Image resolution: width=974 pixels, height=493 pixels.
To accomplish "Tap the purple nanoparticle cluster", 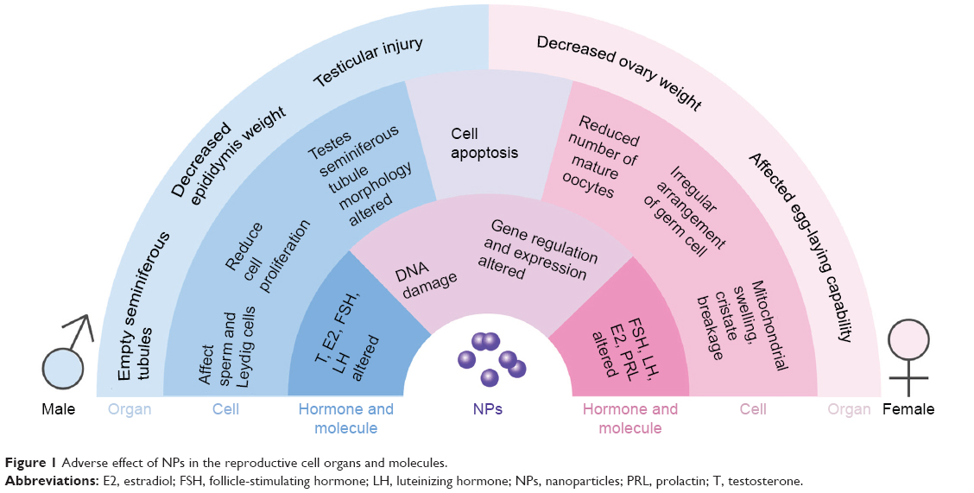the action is click(x=491, y=359).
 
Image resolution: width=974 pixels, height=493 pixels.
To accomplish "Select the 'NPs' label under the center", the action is click(x=487, y=409).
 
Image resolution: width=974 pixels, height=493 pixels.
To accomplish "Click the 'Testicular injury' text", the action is click(x=368, y=62).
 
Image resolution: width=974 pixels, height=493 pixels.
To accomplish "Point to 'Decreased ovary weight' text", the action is click(x=619, y=73).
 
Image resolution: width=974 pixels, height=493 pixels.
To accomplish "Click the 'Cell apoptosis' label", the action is click(x=484, y=143).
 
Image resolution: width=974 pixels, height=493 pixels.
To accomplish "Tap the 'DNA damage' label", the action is click(x=426, y=280).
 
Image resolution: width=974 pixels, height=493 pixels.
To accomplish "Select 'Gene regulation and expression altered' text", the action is click(x=537, y=250).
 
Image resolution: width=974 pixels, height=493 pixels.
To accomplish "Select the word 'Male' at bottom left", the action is click(x=59, y=409).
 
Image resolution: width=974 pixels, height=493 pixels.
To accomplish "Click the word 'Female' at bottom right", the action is click(x=908, y=409).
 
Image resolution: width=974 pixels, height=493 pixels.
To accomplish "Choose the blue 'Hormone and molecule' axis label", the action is click(x=346, y=419).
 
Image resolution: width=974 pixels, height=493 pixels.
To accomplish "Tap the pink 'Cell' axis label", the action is click(x=753, y=409).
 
